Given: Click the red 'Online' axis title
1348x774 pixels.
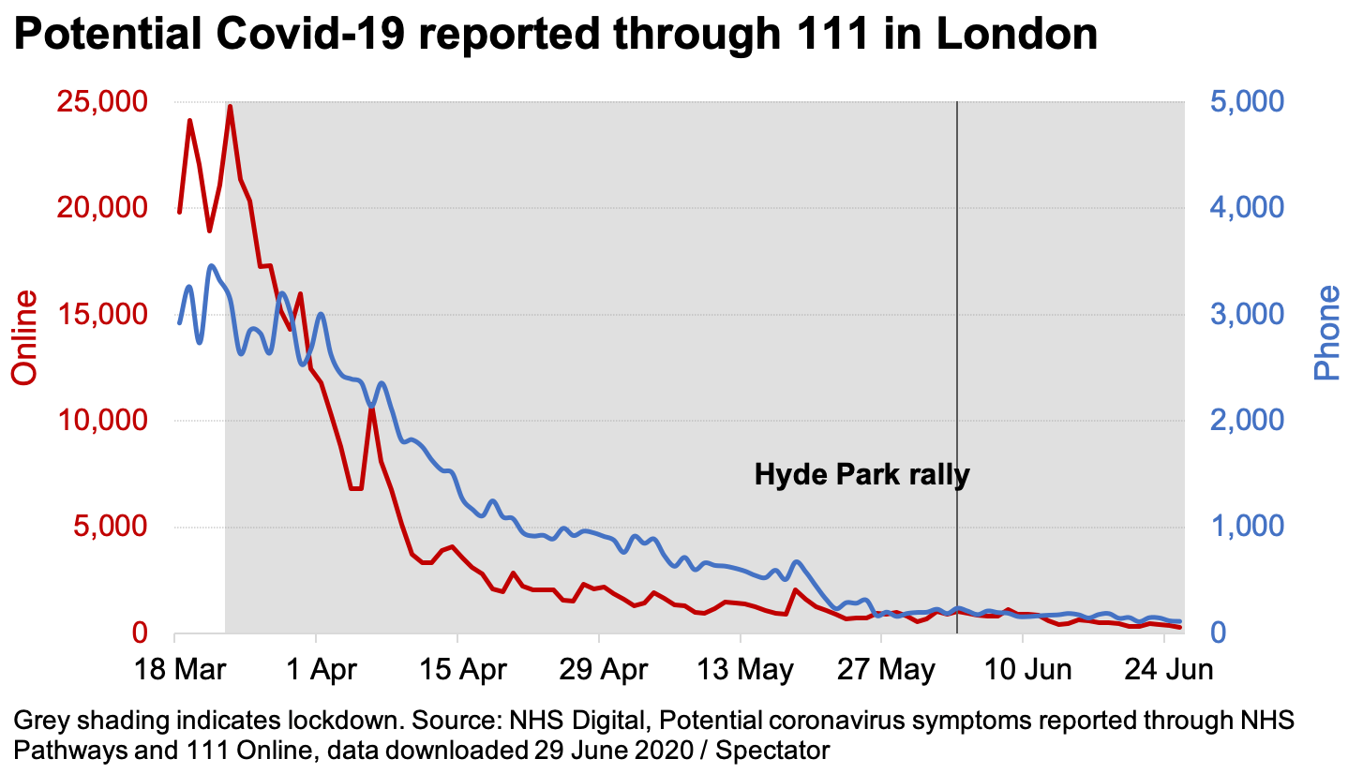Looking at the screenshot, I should coord(25,337).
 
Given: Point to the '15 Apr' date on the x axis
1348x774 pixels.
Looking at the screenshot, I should coord(457,671).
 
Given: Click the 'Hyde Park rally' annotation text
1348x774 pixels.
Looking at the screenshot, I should coord(861,475).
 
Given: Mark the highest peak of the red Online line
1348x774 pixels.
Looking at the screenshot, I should coord(230,106).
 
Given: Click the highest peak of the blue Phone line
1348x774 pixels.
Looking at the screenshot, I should coord(212,266).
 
